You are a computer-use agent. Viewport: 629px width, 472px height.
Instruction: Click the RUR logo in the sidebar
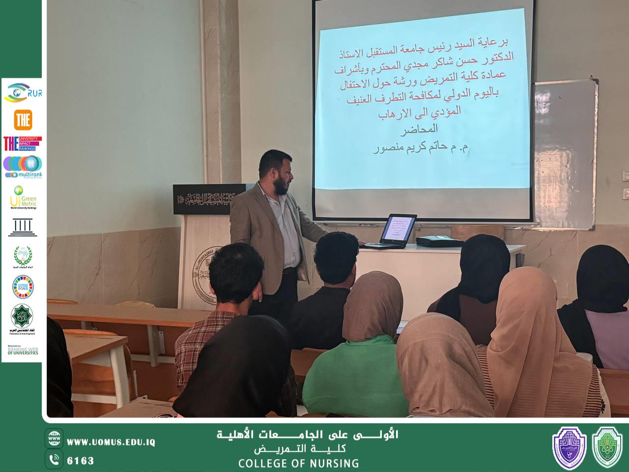click(23, 93)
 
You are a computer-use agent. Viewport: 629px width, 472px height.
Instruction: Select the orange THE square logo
click(23, 119)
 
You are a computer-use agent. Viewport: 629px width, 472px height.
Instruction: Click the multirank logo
click(23, 167)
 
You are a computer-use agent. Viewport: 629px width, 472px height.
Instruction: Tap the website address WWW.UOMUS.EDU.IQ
click(111, 442)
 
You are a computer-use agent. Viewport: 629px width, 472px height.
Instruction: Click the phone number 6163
click(80, 461)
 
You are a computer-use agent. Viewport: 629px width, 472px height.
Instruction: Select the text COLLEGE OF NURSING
click(298, 463)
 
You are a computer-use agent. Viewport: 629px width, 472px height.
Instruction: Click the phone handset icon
click(55, 460)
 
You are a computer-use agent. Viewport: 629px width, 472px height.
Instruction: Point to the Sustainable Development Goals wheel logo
click(23, 287)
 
